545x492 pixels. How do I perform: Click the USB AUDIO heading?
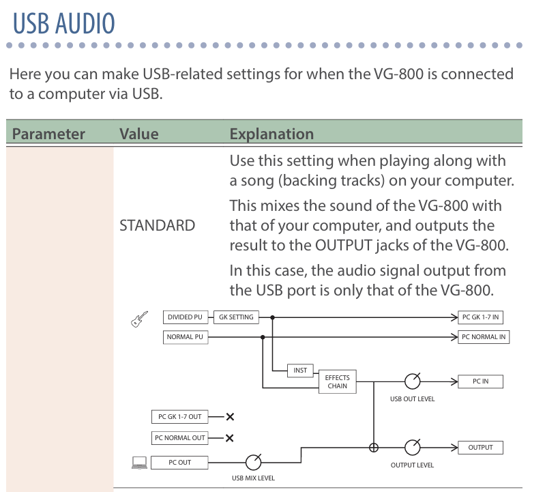click(64, 23)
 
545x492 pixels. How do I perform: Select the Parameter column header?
click(48, 134)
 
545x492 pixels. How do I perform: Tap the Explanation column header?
click(271, 134)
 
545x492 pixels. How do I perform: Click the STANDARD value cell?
click(157, 225)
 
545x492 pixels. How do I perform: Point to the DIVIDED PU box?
click(185, 317)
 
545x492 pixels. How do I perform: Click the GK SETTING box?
click(236, 317)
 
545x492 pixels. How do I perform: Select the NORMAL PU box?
click(185, 337)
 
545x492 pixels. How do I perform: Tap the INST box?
click(300, 371)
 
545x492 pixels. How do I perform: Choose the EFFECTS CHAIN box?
click(337, 381)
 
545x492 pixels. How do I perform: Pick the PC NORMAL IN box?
click(484, 337)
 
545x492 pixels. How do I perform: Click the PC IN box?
click(481, 381)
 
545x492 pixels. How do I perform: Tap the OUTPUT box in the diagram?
click(480, 448)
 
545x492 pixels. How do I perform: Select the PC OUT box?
click(180, 463)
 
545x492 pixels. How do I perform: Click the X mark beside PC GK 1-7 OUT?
click(230, 417)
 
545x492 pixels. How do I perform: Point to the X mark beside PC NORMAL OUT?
click(230, 438)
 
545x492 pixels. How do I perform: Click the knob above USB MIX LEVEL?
click(253, 462)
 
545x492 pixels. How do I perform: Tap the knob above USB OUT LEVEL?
click(412, 381)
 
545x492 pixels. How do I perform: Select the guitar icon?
click(139, 319)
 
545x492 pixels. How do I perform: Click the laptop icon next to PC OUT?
click(139, 463)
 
